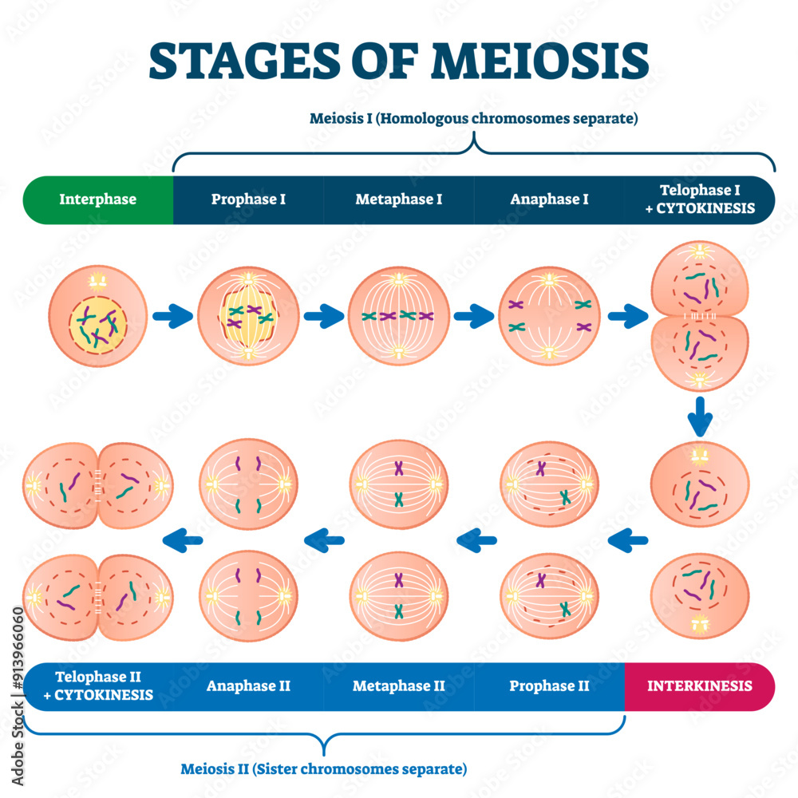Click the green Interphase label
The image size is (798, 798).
(x=97, y=199)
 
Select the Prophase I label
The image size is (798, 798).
(x=248, y=199)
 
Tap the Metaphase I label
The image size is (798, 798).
(x=398, y=199)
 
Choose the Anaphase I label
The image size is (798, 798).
(x=549, y=199)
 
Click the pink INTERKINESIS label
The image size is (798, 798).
(x=700, y=686)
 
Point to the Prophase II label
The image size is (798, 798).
(x=549, y=686)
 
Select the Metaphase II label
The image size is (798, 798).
(x=398, y=686)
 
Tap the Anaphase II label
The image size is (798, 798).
(x=248, y=686)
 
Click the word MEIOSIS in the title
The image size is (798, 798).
(x=540, y=61)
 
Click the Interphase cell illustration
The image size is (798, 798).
(x=97, y=317)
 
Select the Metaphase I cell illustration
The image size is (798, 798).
(x=398, y=317)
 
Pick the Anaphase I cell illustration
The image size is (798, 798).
(x=549, y=317)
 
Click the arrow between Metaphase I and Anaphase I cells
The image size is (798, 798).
(x=474, y=317)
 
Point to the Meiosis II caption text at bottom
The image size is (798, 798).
(x=323, y=770)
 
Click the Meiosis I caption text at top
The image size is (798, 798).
(x=474, y=120)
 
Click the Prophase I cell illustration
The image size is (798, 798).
(x=248, y=317)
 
